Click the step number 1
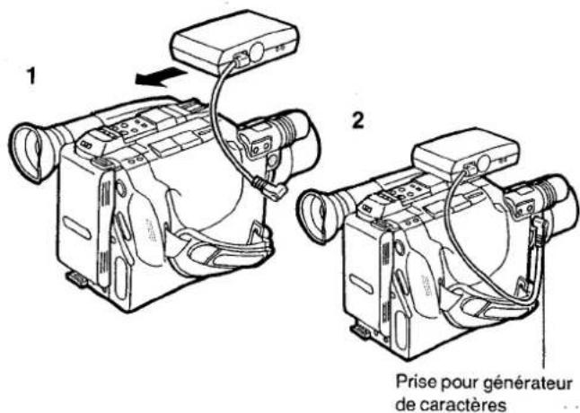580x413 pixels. (x=32, y=75)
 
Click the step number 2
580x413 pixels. (x=357, y=120)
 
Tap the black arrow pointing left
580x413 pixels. (x=161, y=77)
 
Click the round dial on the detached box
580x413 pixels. (x=257, y=52)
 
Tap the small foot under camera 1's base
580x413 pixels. (x=77, y=278)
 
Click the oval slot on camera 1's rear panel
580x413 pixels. (x=76, y=228)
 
